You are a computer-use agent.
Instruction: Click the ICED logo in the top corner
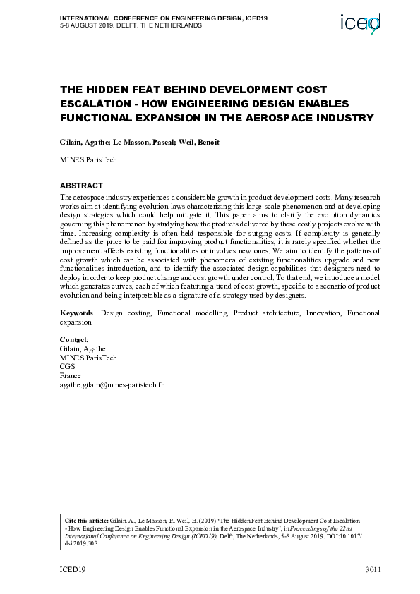(x=360, y=24)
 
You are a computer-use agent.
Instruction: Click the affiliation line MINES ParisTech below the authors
(x=89, y=159)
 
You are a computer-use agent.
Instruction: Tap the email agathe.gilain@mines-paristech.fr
(x=112, y=386)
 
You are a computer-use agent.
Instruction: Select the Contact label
(x=73, y=340)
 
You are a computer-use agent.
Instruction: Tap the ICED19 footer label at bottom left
(x=71, y=569)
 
